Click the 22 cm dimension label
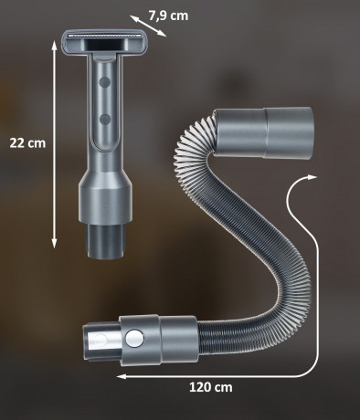coord(27,143)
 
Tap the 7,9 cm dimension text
coord(168,16)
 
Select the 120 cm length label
coord(211,387)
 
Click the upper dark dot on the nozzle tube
coord(105,82)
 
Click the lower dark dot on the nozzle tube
coord(105,120)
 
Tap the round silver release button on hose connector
coord(134,339)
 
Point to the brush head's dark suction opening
coord(105,46)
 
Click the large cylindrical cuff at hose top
coord(263,132)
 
